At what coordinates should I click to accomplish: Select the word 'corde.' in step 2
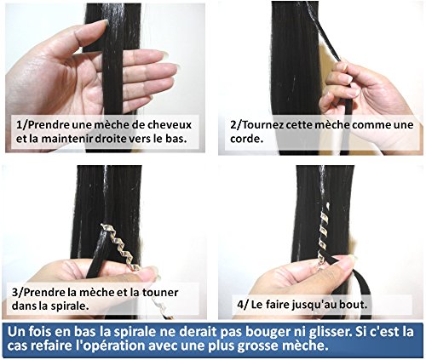[x=245, y=139]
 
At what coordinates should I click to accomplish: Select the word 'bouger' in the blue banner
[x=265, y=332]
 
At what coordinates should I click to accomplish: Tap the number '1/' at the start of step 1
[x=21, y=125]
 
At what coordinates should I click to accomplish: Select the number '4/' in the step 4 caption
[x=243, y=305]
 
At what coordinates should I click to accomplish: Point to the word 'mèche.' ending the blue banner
[x=308, y=346]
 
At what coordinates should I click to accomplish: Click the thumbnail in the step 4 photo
[x=351, y=258]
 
